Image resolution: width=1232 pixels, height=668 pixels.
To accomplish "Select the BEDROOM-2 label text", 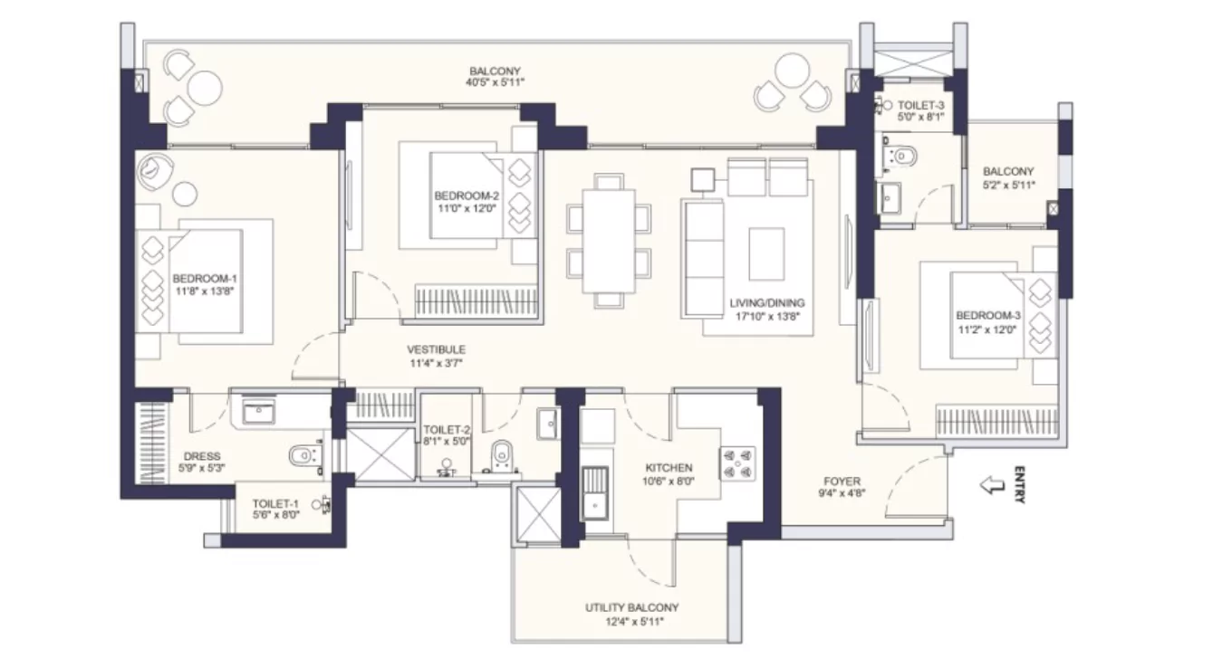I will tap(467, 196).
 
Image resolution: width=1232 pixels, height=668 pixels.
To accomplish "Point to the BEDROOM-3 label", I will tap(987, 315).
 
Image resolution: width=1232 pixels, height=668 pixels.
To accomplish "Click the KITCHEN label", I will tap(669, 468).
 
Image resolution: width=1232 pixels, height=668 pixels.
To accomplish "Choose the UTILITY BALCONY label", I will tap(631, 607).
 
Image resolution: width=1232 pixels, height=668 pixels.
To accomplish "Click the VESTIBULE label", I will tap(436, 349).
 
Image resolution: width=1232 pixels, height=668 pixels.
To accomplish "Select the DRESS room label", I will tap(201, 456).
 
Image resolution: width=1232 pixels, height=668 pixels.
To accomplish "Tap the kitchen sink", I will tap(594, 490).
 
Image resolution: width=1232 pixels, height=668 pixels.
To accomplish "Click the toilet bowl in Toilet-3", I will tap(902, 157).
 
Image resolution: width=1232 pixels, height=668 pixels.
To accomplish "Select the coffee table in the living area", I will tap(766, 253).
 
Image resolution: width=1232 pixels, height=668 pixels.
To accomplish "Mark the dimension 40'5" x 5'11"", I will tap(495, 83).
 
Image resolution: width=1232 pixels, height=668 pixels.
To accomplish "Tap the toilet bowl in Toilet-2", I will tap(501, 453).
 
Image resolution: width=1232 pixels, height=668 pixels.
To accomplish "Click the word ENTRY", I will tap(1019, 484).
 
